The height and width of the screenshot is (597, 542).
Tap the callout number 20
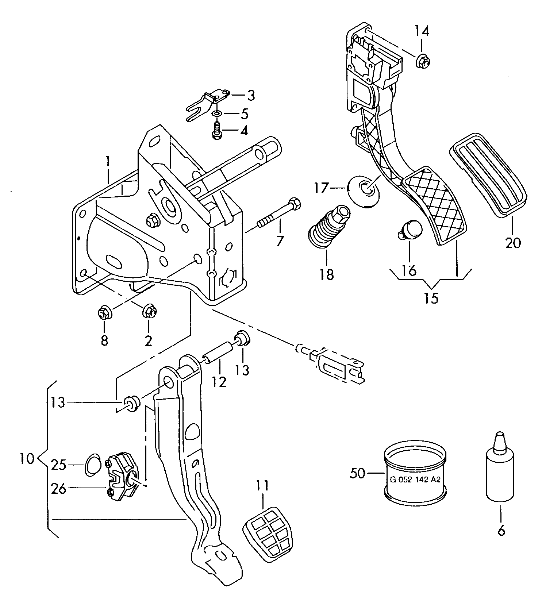[x=513, y=243]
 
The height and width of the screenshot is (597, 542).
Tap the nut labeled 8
[x=104, y=313]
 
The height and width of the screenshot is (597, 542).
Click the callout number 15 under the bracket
[x=431, y=298]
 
